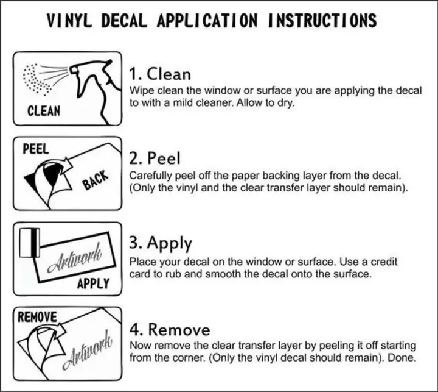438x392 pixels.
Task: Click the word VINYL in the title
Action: (69, 21)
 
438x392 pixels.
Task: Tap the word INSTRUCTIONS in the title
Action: (322, 21)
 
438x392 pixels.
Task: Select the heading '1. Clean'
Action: (160, 74)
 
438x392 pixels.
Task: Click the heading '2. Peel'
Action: (155, 158)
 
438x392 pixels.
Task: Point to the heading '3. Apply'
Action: (161, 244)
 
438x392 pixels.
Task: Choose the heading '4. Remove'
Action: (170, 329)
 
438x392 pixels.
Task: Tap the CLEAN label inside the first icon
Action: (44, 111)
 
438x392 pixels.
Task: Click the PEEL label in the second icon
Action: (36, 149)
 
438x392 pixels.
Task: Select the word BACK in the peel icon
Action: (95, 180)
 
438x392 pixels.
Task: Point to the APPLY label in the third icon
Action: (93, 283)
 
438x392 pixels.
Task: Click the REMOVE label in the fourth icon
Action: (37, 317)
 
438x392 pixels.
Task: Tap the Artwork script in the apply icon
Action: (74, 258)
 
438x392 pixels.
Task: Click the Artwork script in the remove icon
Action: (87, 350)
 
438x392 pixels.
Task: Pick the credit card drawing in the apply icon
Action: (30, 243)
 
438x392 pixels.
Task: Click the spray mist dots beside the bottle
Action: (36, 79)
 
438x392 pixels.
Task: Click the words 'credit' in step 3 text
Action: (384, 262)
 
